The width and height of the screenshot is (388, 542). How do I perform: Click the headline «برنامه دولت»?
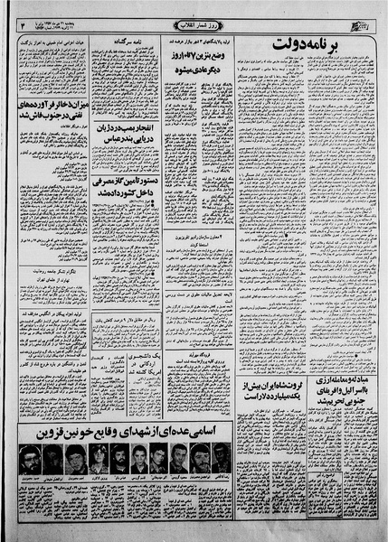[x=311, y=45]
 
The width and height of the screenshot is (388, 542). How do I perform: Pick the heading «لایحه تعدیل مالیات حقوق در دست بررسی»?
[x=213, y=295]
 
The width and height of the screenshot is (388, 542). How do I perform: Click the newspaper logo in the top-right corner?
[x=362, y=20]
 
